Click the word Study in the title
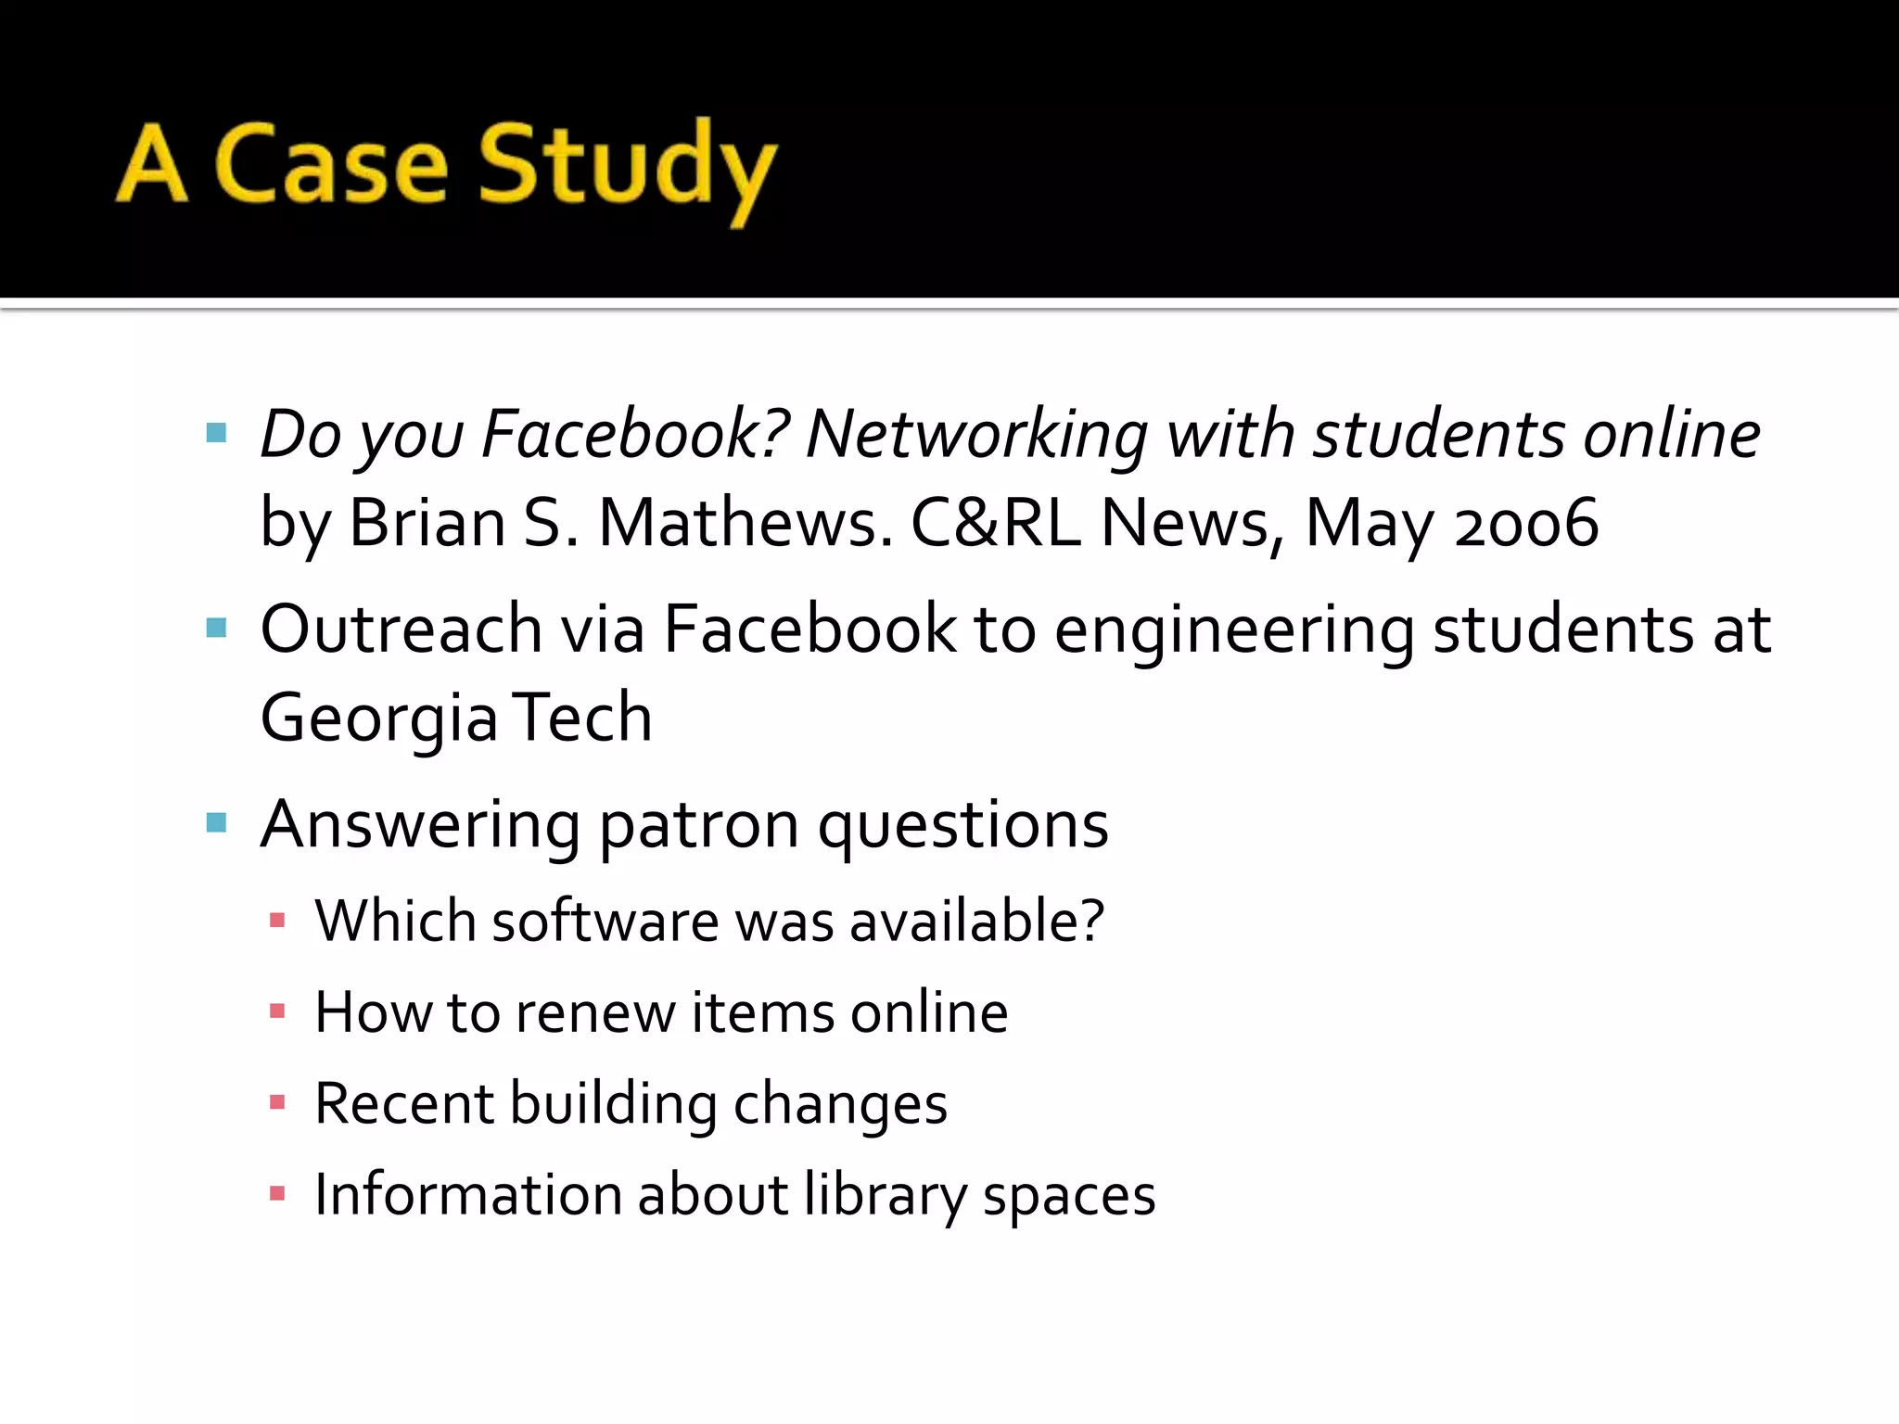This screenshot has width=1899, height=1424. [x=627, y=167]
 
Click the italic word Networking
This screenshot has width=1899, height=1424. [x=976, y=434]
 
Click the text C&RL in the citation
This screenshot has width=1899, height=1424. [x=995, y=523]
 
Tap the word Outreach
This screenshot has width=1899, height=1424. [x=401, y=629]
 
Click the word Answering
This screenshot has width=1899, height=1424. [x=420, y=824]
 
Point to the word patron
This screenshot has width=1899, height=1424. [x=698, y=825]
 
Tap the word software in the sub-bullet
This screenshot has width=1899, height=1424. [x=605, y=921]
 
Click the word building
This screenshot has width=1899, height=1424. [x=613, y=1103]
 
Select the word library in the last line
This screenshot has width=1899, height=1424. [x=885, y=1194]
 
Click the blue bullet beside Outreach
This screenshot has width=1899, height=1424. [x=217, y=629]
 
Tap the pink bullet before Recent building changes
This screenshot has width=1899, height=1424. [x=276, y=1102]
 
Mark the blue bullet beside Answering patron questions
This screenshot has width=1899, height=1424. [x=217, y=822]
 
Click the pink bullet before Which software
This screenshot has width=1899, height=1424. [x=276, y=921]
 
